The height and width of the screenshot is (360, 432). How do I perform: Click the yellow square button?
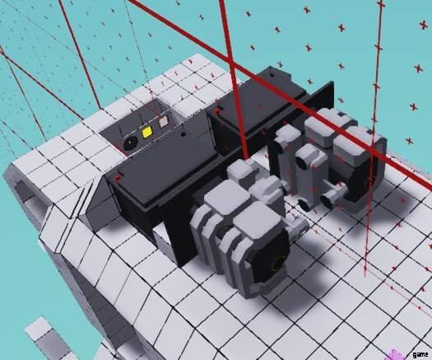click(146, 133)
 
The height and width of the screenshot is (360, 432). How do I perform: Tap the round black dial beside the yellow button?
click(129, 143)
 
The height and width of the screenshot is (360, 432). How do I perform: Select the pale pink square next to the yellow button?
click(163, 121)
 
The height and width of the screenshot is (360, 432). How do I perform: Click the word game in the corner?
click(420, 354)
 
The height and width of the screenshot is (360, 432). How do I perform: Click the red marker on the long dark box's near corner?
click(119, 178)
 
